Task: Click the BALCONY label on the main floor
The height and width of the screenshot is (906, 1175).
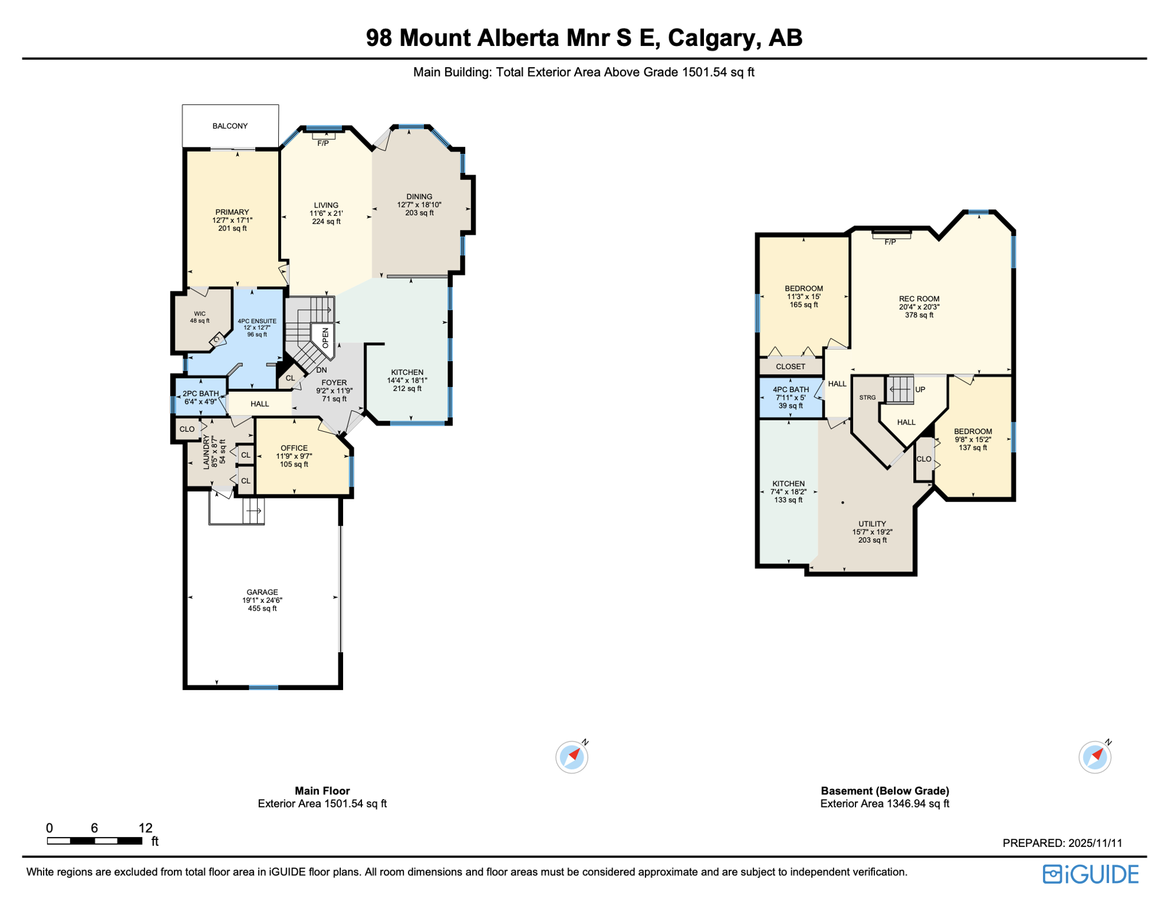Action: tap(230, 126)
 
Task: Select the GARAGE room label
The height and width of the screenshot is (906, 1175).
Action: tap(262, 592)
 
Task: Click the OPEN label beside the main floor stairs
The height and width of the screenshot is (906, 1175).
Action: tap(325, 338)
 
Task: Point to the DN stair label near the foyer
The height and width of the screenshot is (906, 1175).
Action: tap(321, 370)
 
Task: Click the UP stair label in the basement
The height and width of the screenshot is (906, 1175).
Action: tap(920, 389)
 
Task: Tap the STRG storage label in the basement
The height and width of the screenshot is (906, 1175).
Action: tap(867, 398)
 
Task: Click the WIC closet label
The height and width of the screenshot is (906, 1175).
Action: tap(200, 314)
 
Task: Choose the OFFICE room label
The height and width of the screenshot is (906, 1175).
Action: tap(294, 448)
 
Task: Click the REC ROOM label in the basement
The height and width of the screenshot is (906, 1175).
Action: tap(919, 299)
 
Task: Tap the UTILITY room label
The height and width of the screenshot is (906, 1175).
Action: tap(872, 524)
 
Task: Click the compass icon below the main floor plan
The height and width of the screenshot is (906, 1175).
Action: tap(571, 757)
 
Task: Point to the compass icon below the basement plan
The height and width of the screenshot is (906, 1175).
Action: tap(1094, 757)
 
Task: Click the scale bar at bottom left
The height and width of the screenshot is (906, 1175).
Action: tap(94, 841)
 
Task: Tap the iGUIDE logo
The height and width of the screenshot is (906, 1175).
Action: tap(1090, 874)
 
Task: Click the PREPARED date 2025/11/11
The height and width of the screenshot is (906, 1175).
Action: tap(1095, 843)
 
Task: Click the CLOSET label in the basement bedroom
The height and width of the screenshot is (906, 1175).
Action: tap(790, 366)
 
